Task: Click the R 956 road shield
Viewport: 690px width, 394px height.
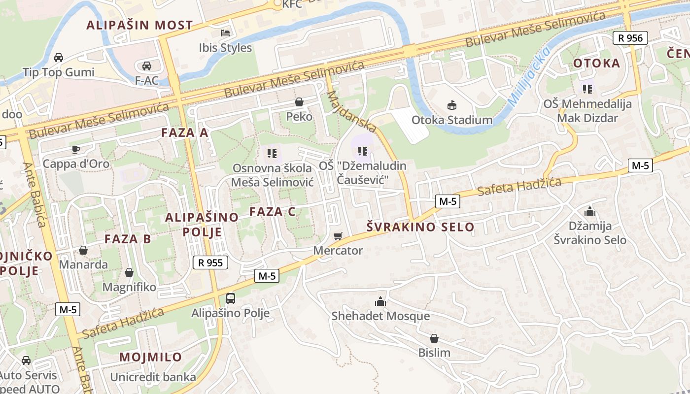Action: point(630,38)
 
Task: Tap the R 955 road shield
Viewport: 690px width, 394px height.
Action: point(210,263)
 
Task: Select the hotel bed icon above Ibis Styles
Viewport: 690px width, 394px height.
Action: point(225,33)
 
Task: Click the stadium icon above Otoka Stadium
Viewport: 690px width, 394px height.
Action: point(451,105)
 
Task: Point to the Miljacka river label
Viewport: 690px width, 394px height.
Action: point(528,77)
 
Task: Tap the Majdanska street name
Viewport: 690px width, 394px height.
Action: point(351,111)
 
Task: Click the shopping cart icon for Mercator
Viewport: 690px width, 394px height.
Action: point(338,236)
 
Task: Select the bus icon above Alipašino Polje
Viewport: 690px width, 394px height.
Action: point(230,298)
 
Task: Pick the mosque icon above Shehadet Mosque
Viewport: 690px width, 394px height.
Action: point(380,301)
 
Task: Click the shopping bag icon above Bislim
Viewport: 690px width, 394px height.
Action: point(434,338)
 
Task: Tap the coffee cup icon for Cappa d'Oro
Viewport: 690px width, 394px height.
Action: point(75,149)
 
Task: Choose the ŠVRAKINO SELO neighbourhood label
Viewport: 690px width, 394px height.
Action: point(420,227)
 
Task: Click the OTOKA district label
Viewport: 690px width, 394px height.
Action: point(596,63)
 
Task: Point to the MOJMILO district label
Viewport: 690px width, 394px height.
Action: point(150,357)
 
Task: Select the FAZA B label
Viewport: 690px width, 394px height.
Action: point(128,239)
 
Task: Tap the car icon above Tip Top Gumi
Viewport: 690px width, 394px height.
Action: point(58,57)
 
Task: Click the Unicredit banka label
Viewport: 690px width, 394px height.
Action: point(153,377)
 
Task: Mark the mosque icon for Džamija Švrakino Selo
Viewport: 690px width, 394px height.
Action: point(589,211)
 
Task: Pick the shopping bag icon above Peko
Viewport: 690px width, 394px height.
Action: point(299,102)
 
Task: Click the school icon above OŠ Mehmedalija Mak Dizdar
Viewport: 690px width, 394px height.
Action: point(587,89)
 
